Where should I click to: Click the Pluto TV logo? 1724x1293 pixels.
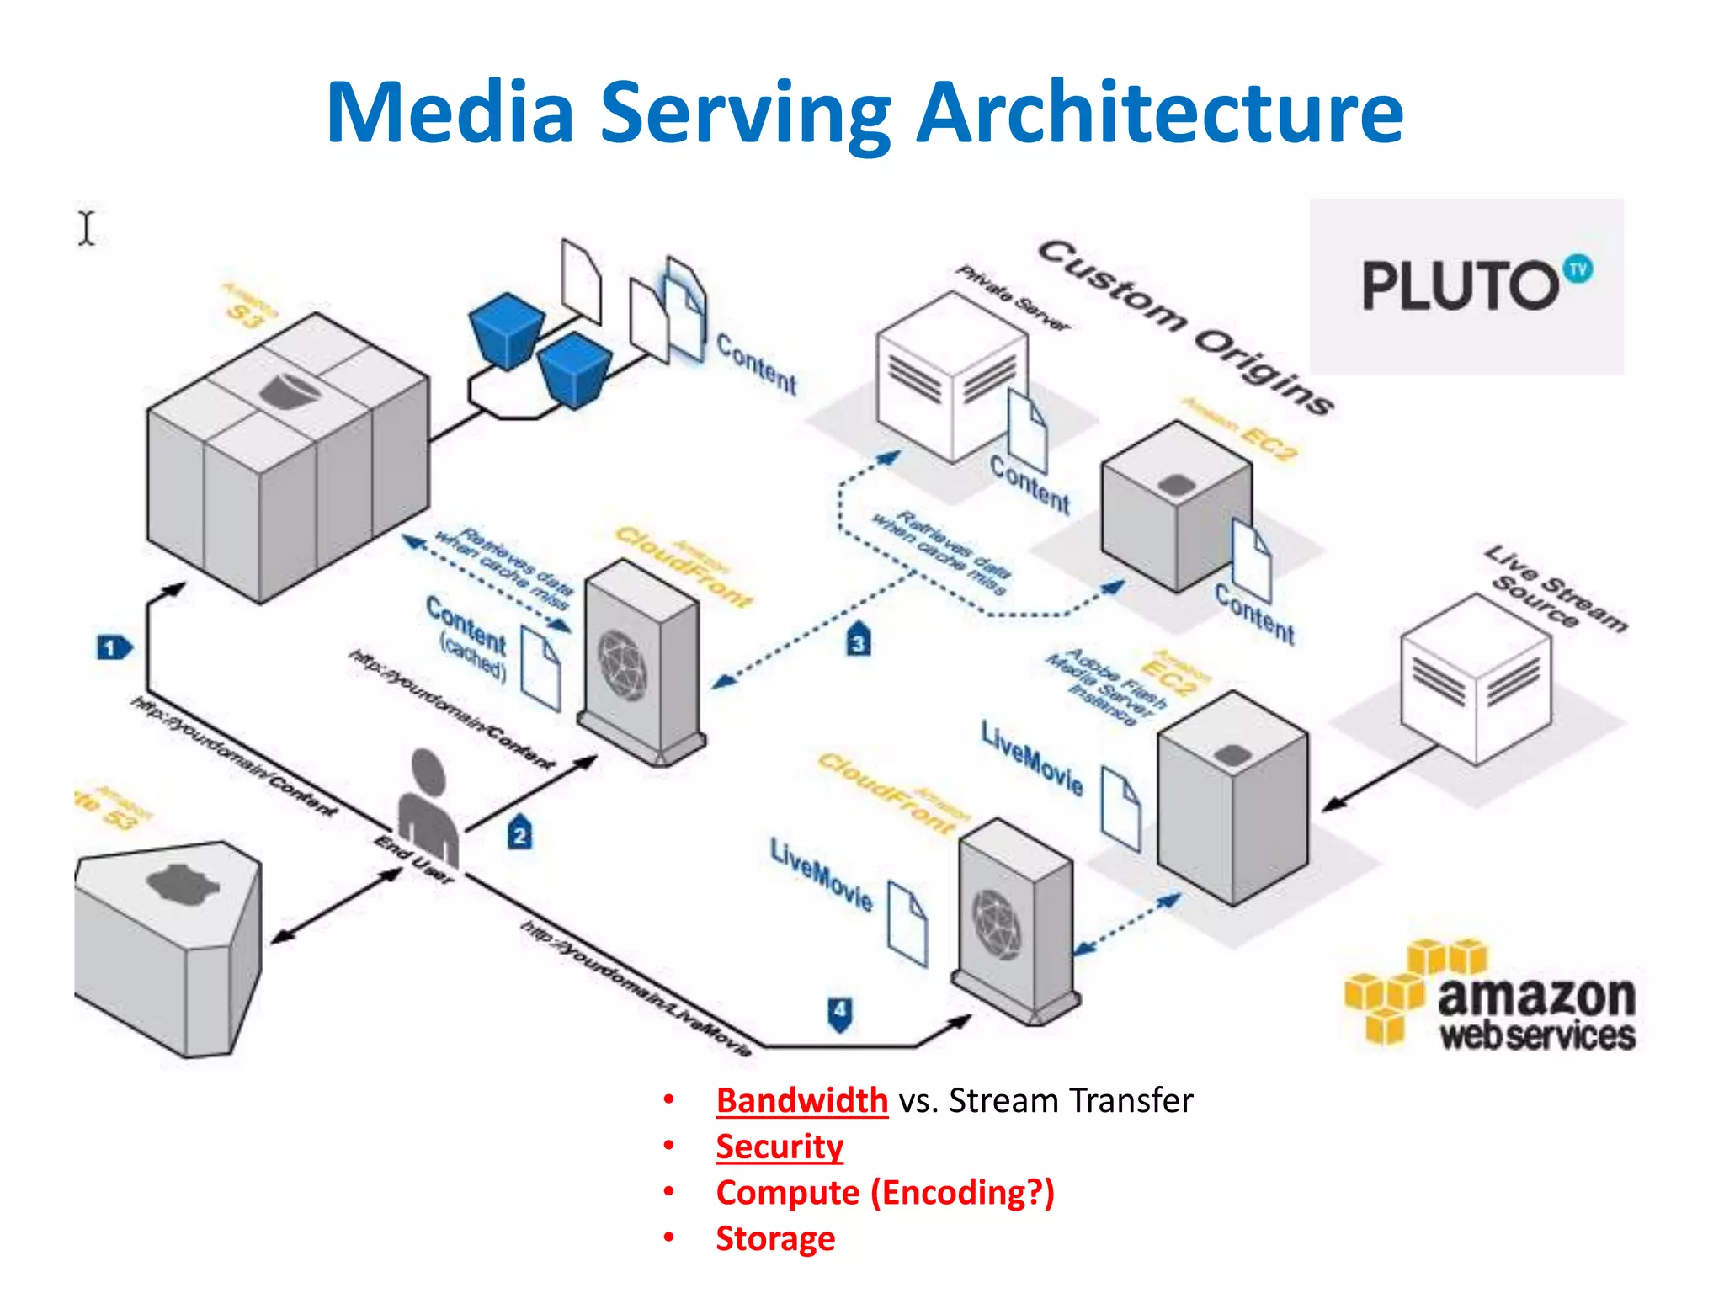(x=1466, y=286)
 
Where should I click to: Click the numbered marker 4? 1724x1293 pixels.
(x=839, y=1011)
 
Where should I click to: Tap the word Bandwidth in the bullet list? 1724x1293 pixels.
(x=801, y=1101)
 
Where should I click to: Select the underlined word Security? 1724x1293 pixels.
(x=779, y=1147)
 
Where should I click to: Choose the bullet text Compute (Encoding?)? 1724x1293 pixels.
(x=884, y=1193)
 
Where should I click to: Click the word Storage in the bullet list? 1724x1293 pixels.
(x=774, y=1238)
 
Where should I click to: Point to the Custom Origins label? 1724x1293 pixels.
(x=1184, y=327)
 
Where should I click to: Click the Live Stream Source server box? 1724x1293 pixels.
(x=1475, y=678)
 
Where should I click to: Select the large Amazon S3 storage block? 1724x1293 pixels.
(x=286, y=459)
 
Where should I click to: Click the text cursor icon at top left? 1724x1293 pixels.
(x=87, y=228)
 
